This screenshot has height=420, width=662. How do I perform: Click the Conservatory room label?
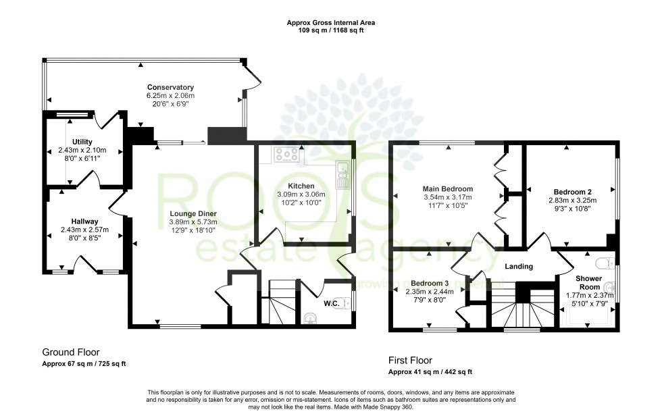coord(170,88)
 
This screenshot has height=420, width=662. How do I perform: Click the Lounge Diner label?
coord(193,214)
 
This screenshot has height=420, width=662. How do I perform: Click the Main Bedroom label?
coord(448,189)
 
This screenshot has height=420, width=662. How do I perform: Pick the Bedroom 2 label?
coord(572,192)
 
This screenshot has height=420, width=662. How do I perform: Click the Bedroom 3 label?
coord(429,283)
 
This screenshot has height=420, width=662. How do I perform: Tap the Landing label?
coord(517,267)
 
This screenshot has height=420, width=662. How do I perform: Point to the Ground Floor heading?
coord(71,352)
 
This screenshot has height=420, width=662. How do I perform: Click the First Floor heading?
coord(410,361)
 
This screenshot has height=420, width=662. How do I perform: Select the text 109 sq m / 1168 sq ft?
coord(331,30)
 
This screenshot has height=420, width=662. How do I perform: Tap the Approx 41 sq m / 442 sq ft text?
coord(430,372)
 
